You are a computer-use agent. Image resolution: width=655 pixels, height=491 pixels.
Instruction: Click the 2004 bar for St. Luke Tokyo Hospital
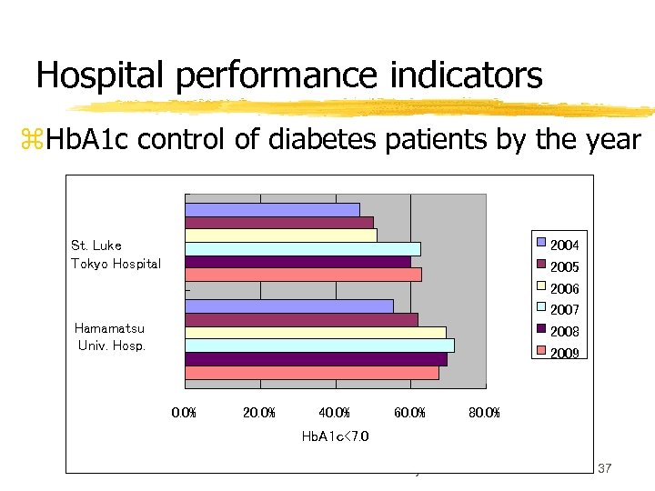(x=272, y=209)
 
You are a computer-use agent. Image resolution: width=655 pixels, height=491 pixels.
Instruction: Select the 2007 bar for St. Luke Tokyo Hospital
(x=302, y=249)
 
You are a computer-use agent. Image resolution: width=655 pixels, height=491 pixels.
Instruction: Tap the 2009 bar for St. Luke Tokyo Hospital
(x=303, y=275)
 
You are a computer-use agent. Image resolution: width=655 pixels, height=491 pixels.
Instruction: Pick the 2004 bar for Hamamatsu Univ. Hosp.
(x=289, y=306)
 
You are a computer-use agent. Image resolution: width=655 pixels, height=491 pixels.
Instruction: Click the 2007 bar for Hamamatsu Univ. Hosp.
(x=319, y=346)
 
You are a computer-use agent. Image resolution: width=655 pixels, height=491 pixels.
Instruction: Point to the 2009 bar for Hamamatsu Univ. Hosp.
(x=312, y=372)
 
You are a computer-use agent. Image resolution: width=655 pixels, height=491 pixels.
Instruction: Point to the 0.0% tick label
(x=184, y=414)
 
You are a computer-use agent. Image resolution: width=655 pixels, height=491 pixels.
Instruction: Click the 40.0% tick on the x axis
(x=335, y=414)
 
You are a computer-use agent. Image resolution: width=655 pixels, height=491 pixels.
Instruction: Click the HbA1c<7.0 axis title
(x=335, y=436)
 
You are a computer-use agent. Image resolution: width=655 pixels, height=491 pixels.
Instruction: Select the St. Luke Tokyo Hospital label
(x=116, y=255)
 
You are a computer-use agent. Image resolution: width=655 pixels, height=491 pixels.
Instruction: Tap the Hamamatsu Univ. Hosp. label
(x=111, y=337)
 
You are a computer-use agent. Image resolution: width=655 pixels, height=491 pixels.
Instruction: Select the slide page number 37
(x=605, y=467)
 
